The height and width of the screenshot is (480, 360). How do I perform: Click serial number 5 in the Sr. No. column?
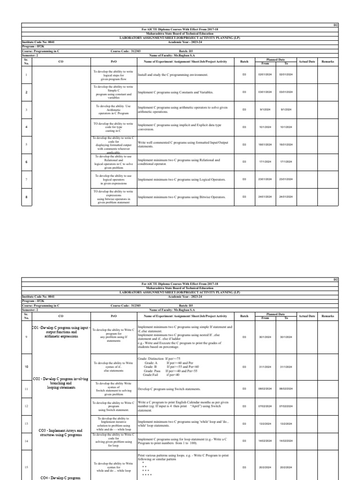click(26, 144)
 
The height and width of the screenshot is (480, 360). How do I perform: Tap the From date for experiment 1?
click(265, 75)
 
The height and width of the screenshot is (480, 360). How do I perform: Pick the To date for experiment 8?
click(286, 197)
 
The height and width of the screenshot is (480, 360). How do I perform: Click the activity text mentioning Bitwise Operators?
click(181, 197)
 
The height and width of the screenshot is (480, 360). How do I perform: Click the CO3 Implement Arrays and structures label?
click(61, 432)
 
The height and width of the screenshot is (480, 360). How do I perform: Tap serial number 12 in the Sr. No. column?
click(26, 406)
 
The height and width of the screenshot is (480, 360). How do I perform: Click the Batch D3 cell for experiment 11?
click(244, 389)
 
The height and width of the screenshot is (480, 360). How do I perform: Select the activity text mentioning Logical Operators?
click(181, 180)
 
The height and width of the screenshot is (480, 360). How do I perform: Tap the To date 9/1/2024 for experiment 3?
click(286, 110)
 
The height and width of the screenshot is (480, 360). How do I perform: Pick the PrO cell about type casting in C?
click(113, 127)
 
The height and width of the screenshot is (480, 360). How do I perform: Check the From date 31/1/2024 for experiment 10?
click(265, 367)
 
